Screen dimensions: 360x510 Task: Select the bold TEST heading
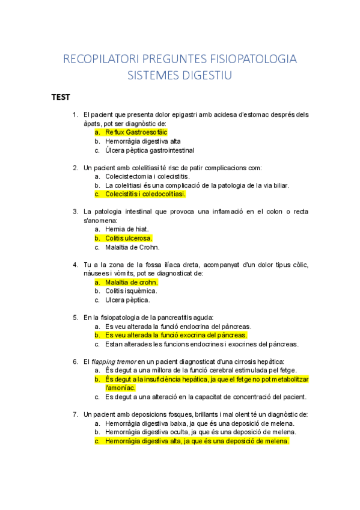pyautogui.click(x=61, y=96)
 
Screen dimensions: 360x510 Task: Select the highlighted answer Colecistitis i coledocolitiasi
pyautogui.click(x=145, y=194)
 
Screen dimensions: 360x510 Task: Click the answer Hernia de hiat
pyautogui.click(x=127, y=229)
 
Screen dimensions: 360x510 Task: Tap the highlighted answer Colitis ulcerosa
pyautogui.click(x=129, y=238)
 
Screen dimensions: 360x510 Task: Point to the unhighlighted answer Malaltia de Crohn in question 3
pyautogui.click(x=132, y=247)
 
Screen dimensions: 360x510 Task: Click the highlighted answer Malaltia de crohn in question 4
pyautogui.click(x=131, y=282)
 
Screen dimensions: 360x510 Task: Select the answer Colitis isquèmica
pyautogui.click(x=131, y=291)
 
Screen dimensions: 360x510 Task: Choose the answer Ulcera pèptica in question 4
pyautogui.click(x=127, y=300)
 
